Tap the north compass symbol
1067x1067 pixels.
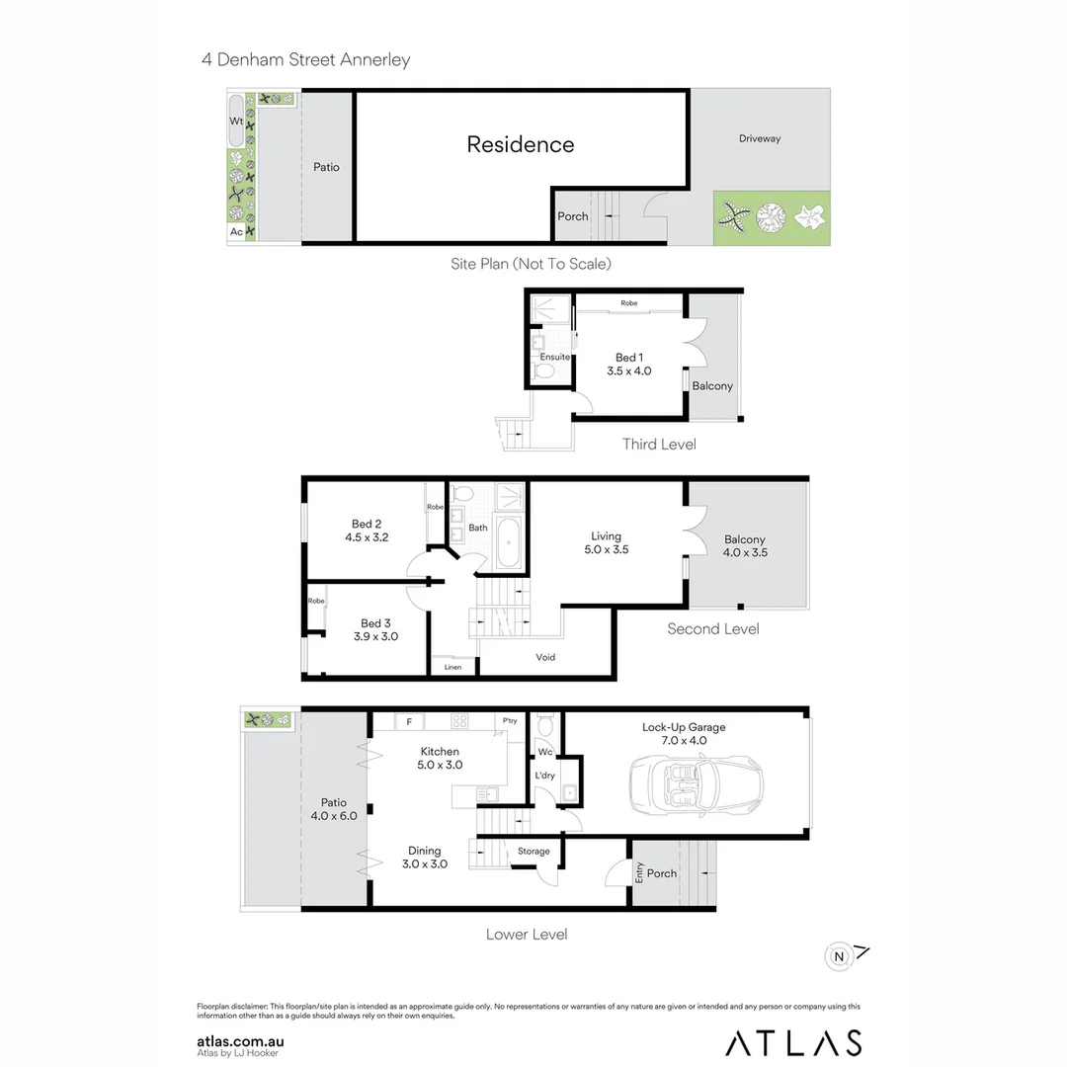839,955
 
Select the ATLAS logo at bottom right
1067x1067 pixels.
793,1042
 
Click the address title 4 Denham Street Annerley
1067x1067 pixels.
305,59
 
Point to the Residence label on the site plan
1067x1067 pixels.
520,144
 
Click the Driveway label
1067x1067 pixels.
759,138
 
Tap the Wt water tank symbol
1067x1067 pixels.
236,121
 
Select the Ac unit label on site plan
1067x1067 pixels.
236,231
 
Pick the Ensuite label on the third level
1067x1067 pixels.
554,357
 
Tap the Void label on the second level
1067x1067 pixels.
545,657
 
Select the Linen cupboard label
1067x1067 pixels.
451,668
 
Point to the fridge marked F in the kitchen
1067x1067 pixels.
407,720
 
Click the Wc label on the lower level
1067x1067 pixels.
544,751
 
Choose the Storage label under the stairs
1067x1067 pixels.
533,851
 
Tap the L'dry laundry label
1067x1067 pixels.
544,776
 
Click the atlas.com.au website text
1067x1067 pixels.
241,1040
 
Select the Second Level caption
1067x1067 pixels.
712,628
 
